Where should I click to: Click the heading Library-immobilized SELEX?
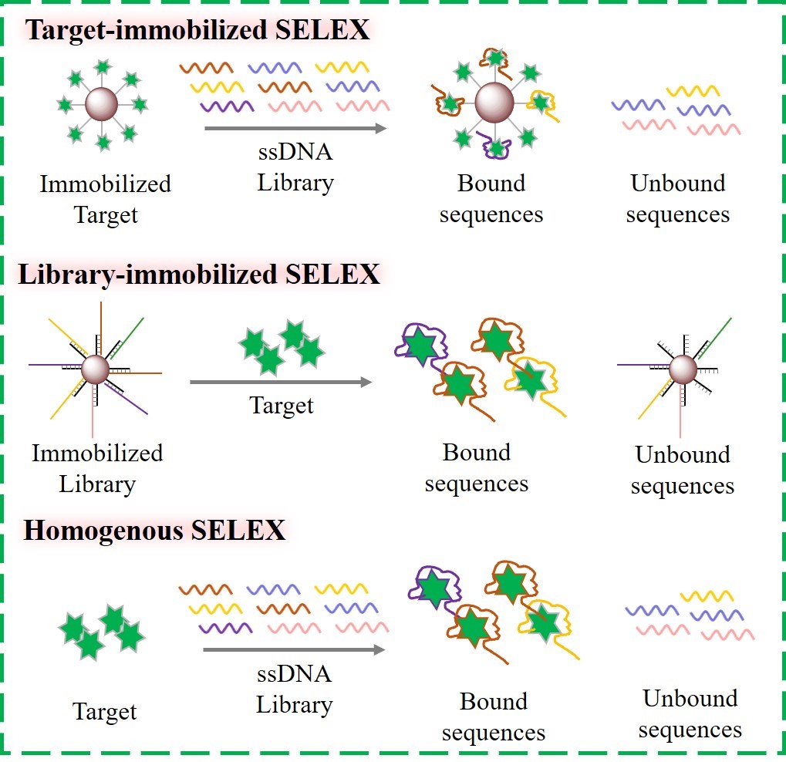tap(199, 274)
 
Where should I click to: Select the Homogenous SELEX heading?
tap(154, 531)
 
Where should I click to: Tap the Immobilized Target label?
tap(105, 199)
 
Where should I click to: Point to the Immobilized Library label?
tap(97, 468)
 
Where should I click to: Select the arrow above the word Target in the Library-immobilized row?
tap(280, 382)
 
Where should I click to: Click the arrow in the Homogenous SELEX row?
tap(294, 650)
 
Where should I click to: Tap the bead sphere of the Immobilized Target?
tap(101, 104)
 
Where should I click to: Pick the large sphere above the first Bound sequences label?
tap(494, 103)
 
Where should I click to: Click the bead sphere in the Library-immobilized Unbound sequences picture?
tap(682, 369)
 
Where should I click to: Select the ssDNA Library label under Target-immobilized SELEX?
tap(295, 167)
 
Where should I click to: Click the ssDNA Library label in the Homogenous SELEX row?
tap(294, 689)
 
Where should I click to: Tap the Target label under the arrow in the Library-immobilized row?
tap(282, 405)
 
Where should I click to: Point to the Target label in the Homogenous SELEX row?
tap(105, 711)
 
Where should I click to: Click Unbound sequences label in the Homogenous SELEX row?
tap(690, 713)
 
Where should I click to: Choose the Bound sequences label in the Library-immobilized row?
tap(477, 468)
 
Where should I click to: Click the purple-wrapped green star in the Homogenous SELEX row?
tap(433, 590)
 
